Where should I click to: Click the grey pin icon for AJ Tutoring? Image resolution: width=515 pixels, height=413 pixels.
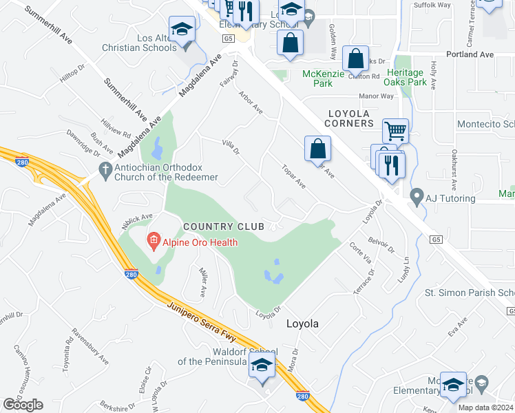[x=417, y=198]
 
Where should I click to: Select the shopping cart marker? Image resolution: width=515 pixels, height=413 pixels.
[x=395, y=129]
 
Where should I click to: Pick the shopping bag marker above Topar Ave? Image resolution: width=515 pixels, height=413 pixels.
[x=317, y=148]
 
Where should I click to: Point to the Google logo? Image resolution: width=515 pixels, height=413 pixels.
[x=23, y=405]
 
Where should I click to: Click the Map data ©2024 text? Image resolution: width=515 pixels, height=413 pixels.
[x=486, y=407]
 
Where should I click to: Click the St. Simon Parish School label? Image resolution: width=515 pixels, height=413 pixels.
[x=469, y=293]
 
